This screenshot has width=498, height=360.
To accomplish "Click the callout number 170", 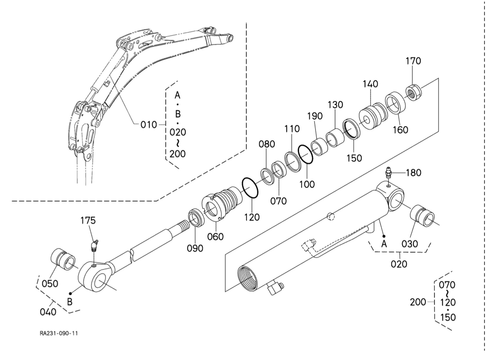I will [x=413, y=61].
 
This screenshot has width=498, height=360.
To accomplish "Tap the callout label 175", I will [x=88, y=220].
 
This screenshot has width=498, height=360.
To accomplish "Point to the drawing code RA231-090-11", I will [x=58, y=333].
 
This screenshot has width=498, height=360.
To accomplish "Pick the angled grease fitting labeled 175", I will [x=94, y=245].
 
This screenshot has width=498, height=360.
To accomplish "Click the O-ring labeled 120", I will [x=250, y=188].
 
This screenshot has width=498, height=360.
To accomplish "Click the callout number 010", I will [x=149, y=124].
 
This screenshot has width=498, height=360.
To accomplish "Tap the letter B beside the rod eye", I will [x=70, y=302].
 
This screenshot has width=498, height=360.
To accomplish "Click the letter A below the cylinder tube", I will [x=384, y=244].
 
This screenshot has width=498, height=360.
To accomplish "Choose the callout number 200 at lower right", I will [x=418, y=303].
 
